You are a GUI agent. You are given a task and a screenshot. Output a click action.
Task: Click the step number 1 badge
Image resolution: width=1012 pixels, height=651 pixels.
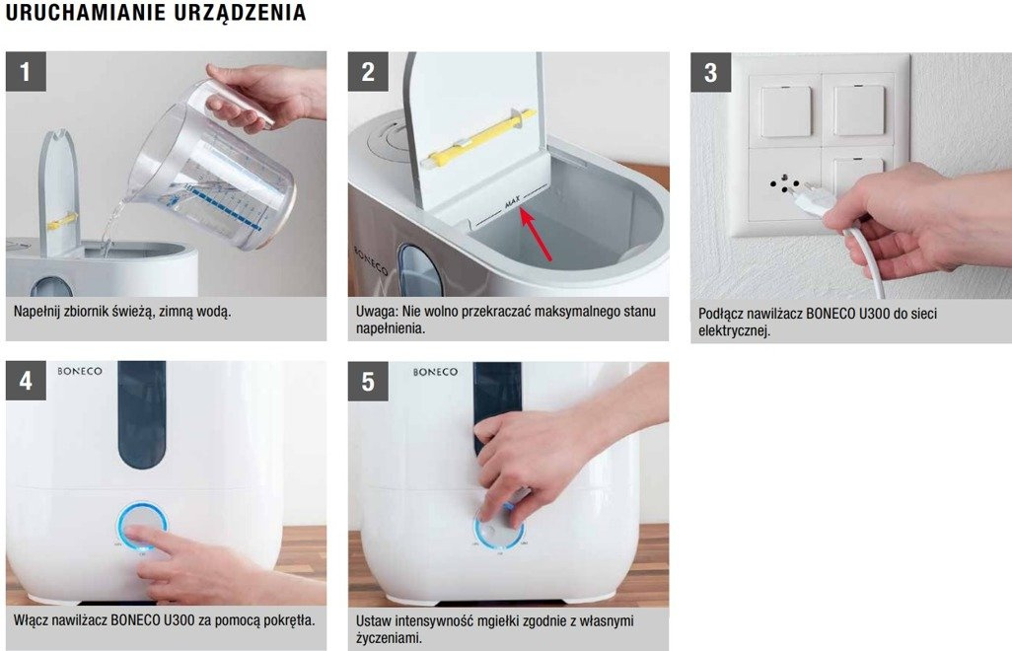click(26, 72)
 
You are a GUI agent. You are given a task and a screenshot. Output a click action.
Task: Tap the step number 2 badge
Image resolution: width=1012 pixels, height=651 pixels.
click(368, 72)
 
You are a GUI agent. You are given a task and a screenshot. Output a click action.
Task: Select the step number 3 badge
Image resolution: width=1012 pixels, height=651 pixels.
click(710, 72)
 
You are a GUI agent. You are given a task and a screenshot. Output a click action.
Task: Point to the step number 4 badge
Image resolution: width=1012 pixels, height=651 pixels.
click(26, 381)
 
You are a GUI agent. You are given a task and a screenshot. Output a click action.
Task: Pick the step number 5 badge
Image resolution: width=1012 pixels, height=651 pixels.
click(368, 382)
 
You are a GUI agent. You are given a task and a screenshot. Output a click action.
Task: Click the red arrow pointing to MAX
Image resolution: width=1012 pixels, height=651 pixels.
click(537, 235)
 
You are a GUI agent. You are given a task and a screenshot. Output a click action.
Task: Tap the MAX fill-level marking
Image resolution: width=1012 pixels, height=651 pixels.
click(512, 204)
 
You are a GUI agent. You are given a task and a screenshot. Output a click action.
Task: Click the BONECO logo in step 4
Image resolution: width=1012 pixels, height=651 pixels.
click(79, 371)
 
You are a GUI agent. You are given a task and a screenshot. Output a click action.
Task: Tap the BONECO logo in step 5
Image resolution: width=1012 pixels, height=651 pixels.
click(435, 372)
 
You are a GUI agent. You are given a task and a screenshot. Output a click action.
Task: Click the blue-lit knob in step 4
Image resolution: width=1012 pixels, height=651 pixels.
click(143, 526)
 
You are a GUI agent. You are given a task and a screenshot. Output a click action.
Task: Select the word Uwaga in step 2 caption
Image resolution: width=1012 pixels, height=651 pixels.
click(375, 312)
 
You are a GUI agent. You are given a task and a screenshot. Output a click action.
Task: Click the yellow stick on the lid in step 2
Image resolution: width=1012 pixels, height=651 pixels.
click(478, 139)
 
